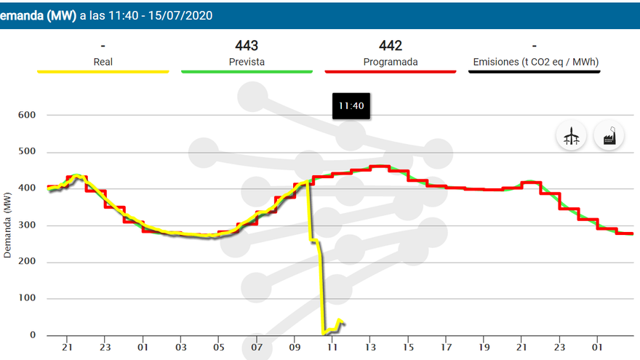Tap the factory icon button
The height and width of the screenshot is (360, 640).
click(609, 135)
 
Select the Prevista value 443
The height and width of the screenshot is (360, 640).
click(247, 46)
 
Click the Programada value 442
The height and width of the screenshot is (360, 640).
click(391, 46)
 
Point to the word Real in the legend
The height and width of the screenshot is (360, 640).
click(103, 62)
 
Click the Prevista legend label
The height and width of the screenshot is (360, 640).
click(247, 62)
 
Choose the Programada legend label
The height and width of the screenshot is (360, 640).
click(391, 62)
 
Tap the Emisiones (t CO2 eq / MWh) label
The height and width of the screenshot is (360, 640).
click(535, 62)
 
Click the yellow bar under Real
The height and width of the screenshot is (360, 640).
click(103, 71)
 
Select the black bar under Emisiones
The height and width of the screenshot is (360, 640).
click(535, 71)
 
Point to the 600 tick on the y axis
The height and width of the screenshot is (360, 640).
click(27, 115)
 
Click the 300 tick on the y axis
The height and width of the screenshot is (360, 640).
click(27, 225)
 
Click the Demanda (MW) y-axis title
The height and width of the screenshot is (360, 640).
click(8, 225)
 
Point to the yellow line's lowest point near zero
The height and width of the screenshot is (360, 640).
click(324, 333)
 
